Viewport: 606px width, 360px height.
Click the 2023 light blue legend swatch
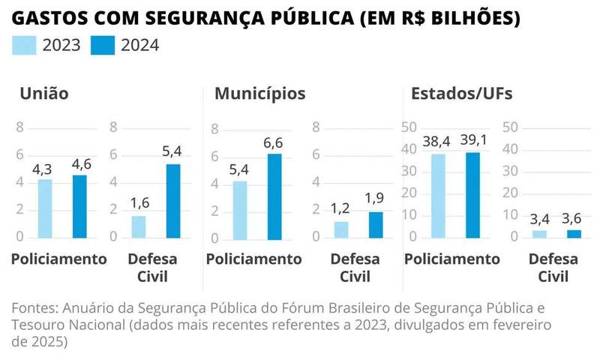[x=25, y=46]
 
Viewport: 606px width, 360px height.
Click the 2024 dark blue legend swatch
[x=102, y=46]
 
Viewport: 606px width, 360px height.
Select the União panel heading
[x=43, y=94]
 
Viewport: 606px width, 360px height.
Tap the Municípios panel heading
[x=259, y=94]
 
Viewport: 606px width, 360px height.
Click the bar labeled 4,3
[x=45, y=208]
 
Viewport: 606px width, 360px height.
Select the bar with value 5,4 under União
[x=173, y=200]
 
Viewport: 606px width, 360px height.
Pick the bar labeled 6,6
[x=275, y=196]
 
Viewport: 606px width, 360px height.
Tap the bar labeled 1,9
[x=375, y=224]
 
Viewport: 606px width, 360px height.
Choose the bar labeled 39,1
[x=472, y=195]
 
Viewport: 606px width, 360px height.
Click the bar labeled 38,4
[x=438, y=196]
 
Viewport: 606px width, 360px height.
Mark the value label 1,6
[x=139, y=204]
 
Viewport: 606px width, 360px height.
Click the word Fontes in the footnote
[x=33, y=309]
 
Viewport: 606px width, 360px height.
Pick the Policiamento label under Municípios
[x=253, y=259]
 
